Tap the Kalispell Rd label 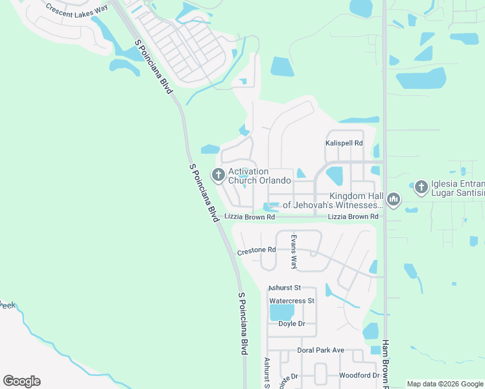click(x=344, y=143)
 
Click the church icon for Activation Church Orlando click(x=218, y=175)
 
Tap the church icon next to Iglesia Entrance click(x=421, y=187)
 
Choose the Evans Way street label click(x=293, y=252)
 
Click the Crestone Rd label click(x=257, y=250)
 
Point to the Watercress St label click(x=292, y=301)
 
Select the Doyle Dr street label click(x=292, y=324)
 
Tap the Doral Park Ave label click(x=320, y=350)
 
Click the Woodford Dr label click(x=359, y=375)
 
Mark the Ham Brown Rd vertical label click(x=385, y=363)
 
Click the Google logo click(x=21, y=381)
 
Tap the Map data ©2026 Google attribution click(x=444, y=384)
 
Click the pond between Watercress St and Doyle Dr click(x=282, y=312)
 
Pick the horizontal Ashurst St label click(x=285, y=287)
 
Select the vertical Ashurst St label click(x=266, y=373)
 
